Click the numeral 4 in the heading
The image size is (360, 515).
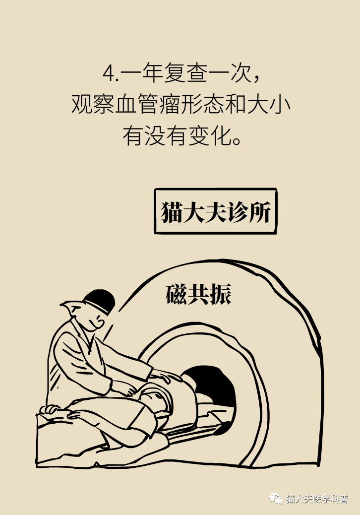(x=108, y=74)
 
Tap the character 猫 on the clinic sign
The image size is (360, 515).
(x=172, y=212)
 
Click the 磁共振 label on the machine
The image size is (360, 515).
(x=198, y=294)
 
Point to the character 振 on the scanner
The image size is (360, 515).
(x=220, y=294)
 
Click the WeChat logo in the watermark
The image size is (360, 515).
(x=276, y=498)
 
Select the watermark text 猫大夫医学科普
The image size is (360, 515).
(x=317, y=498)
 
